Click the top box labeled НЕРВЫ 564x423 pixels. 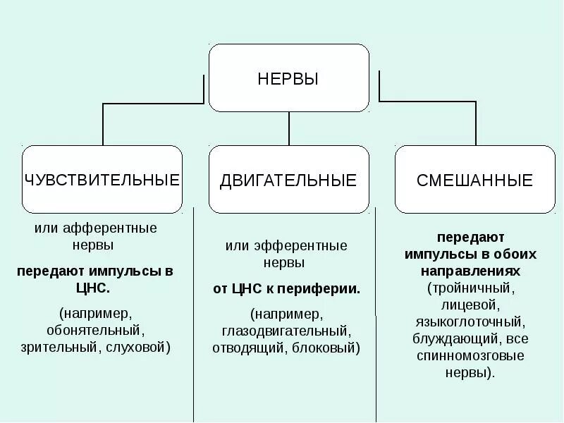pos(288,78)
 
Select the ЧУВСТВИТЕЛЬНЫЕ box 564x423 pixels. pos(102,180)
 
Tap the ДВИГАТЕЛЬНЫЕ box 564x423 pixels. pos(288,180)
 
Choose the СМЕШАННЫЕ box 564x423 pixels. pos(474,180)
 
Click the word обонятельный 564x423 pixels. pos(95,329)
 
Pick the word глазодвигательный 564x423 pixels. pos(286,331)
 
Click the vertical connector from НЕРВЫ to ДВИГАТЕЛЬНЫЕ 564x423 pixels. pos(289,128)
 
